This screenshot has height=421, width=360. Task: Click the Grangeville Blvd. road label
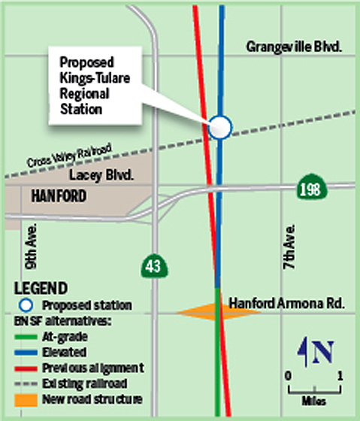pos(295,47)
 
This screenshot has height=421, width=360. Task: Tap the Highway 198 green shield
pos(310,187)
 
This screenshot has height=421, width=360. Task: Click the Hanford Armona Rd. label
pos(286,304)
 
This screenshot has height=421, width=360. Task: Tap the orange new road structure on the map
pos(200,311)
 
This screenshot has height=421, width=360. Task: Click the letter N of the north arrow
pos(324,352)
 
